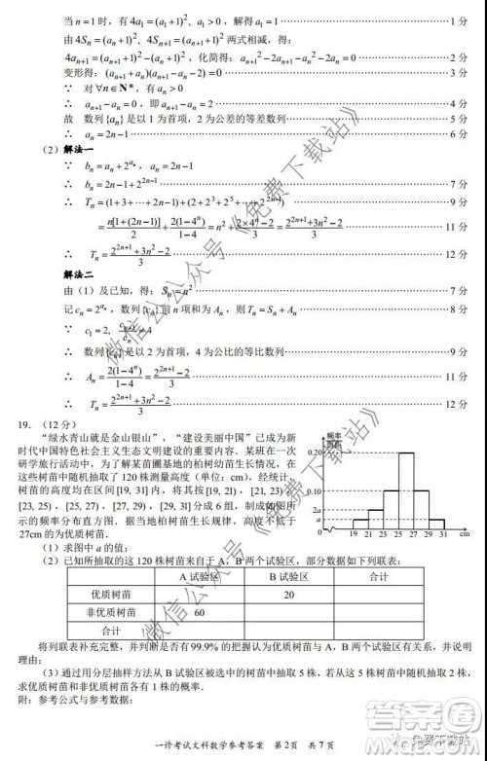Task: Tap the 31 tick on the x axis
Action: pyautogui.click(x=443, y=536)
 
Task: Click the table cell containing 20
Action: pyautogui.click(x=288, y=596)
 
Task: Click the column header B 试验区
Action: pyautogui.click(x=288, y=578)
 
